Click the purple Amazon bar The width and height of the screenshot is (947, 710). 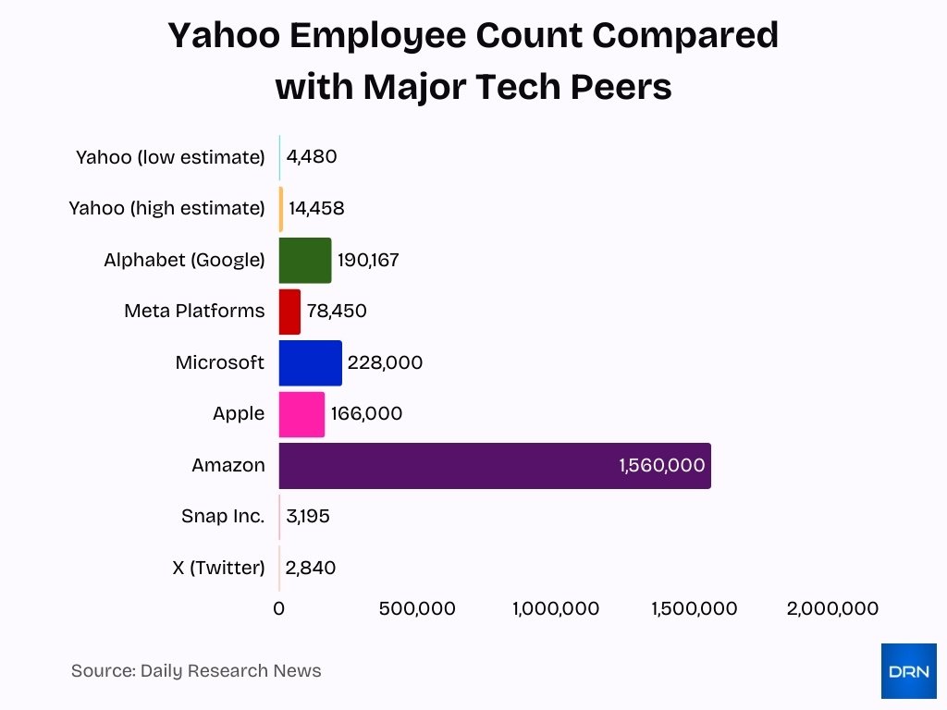(494, 465)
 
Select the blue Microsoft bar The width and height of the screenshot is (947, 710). (310, 362)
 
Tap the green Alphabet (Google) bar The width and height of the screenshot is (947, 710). (304, 260)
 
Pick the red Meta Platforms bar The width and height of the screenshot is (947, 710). (289, 312)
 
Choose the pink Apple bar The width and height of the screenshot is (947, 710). (301, 414)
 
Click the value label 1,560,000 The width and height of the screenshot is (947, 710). (662, 465)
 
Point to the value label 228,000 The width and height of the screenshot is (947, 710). (385, 362)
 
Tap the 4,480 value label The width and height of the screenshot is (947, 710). (312, 156)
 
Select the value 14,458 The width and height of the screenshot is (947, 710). (316, 209)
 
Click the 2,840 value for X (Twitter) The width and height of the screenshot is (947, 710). (311, 568)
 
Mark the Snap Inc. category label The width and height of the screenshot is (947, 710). (223, 516)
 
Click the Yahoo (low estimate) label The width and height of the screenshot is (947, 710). (170, 157)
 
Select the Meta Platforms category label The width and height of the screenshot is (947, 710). (194, 312)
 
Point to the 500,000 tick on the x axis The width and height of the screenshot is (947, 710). (417, 608)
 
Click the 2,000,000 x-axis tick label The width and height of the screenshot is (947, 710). (832, 608)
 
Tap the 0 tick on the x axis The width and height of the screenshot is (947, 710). (279, 608)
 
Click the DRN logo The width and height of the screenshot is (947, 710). (908, 671)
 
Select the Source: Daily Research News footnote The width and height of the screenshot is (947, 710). (196, 671)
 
